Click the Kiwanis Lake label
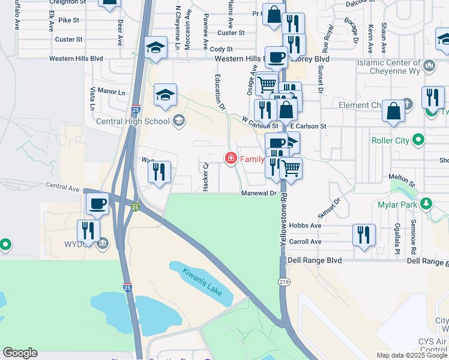point(202,282)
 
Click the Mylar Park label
point(399,203)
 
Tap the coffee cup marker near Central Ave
point(97,204)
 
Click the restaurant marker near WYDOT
point(88,230)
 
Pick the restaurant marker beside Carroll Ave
point(364,235)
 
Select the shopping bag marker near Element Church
point(394,112)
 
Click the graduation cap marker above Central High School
point(165,95)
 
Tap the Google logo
point(20,353)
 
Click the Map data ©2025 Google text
point(411,355)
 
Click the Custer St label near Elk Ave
point(69,40)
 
